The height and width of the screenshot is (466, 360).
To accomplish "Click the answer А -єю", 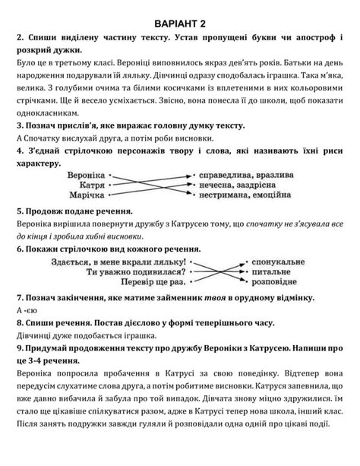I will (x=25, y=310).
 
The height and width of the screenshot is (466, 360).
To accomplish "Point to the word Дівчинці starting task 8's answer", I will (x=34, y=334).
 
